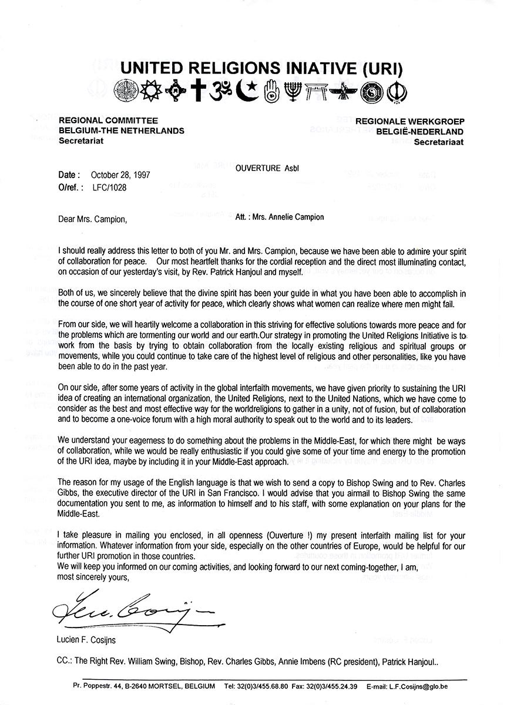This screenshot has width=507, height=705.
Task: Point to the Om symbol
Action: [x=223, y=91]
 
